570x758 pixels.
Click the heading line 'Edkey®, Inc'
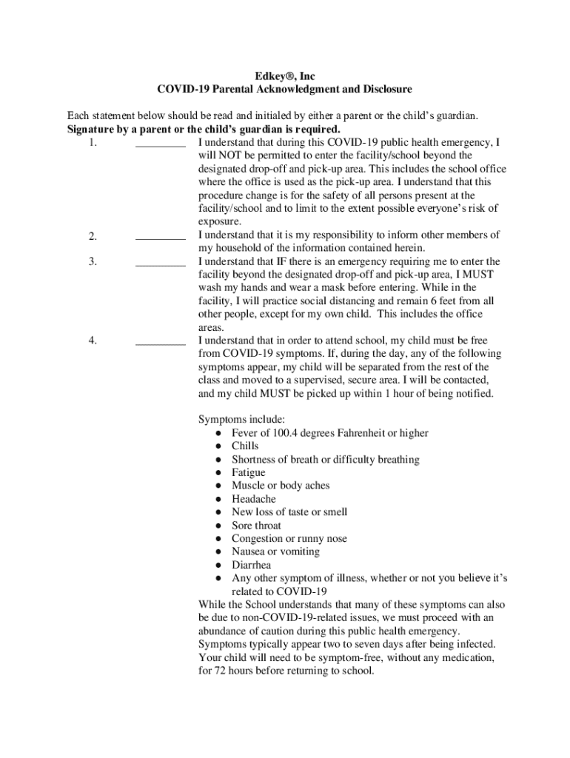pos(284,76)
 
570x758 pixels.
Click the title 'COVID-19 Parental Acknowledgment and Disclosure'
pos(284,90)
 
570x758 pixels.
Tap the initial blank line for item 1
pos(160,146)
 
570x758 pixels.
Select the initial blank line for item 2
pos(160,238)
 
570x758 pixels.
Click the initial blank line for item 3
pos(160,265)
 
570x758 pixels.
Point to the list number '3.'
pos(93,262)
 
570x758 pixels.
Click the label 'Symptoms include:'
pos(241,420)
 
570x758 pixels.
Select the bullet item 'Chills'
pos(245,446)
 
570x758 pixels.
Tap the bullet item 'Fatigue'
pos(248,472)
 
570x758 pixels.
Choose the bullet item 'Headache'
pos(253,499)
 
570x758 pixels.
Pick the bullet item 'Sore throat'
pos(256,526)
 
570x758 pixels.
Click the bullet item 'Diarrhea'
pos(251,565)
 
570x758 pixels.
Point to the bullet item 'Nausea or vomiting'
pos(275,551)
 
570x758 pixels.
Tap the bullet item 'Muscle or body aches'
pos(281,486)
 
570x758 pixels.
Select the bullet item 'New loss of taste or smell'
pos(289,512)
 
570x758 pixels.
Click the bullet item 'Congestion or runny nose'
pos(289,539)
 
